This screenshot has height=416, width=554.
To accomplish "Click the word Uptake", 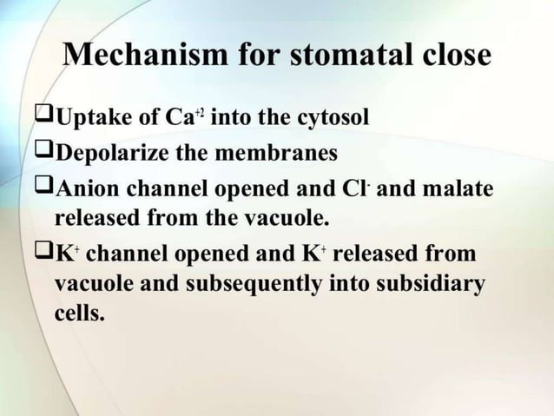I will click(x=91, y=118).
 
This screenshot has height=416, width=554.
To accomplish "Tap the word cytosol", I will click(x=333, y=118).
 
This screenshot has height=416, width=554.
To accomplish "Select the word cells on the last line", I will click(x=79, y=313).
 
